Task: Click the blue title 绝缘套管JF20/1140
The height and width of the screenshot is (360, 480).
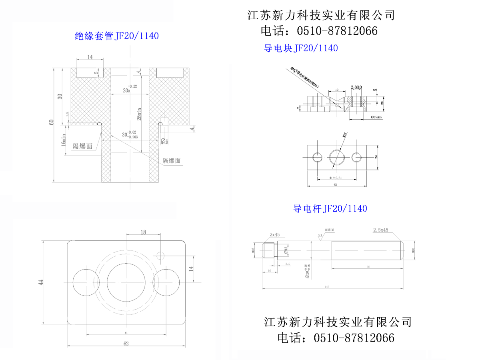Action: pos(117,36)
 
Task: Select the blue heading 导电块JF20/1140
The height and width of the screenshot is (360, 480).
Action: pos(301,48)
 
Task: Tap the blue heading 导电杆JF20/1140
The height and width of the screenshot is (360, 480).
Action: pos(330,208)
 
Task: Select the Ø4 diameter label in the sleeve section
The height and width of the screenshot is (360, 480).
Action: pos(164,140)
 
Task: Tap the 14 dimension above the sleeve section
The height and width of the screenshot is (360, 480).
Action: pos(90,57)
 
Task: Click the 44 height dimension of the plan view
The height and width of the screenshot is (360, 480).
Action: pos(40,282)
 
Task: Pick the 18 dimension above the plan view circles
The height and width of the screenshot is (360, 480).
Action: pos(143,232)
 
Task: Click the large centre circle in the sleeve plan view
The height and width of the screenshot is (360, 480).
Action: pos(126,282)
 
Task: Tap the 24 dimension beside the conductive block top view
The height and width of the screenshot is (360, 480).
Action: pos(376,157)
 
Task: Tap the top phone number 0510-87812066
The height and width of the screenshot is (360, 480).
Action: pos(337,31)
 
